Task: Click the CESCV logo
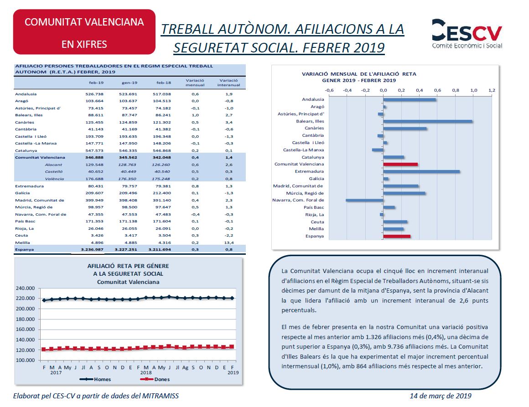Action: click(467, 34)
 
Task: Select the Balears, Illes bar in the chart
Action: click(427, 121)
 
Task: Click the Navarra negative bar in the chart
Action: click(364, 200)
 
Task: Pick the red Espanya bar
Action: click(397, 236)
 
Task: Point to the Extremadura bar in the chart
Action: click(421, 171)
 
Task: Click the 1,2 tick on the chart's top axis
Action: click(491, 90)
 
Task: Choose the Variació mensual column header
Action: click(195, 82)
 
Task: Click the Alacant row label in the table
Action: click(53, 165)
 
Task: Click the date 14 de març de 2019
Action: click(441, 396)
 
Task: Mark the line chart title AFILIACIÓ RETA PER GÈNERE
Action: click(128, 266)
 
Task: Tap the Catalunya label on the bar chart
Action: click(313, 157)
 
